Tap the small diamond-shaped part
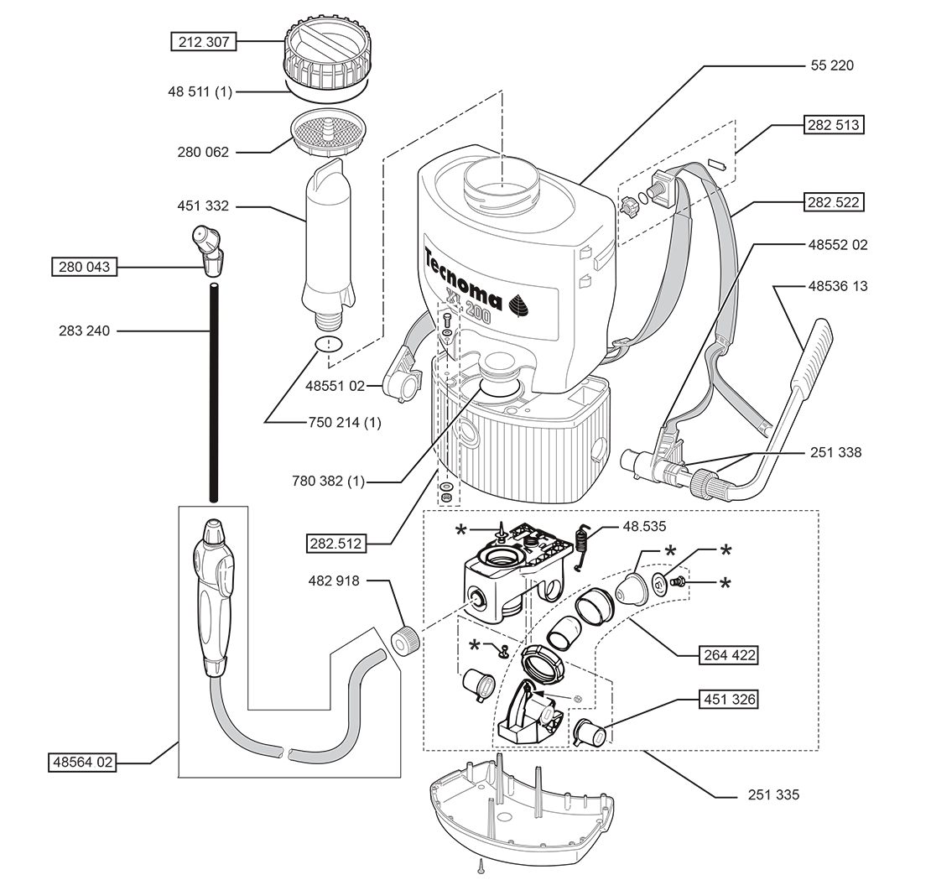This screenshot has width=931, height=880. (x=501, y=161)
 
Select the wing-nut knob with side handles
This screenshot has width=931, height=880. (x=213, y=534)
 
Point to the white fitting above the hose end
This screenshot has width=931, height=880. (x=216, y=652)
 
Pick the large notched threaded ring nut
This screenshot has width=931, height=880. (x=544, y=663)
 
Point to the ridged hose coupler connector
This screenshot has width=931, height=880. (x=690, y=477)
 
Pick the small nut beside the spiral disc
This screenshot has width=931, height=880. (x=678, y=581)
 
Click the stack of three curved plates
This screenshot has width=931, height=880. (x=512, y=603)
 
